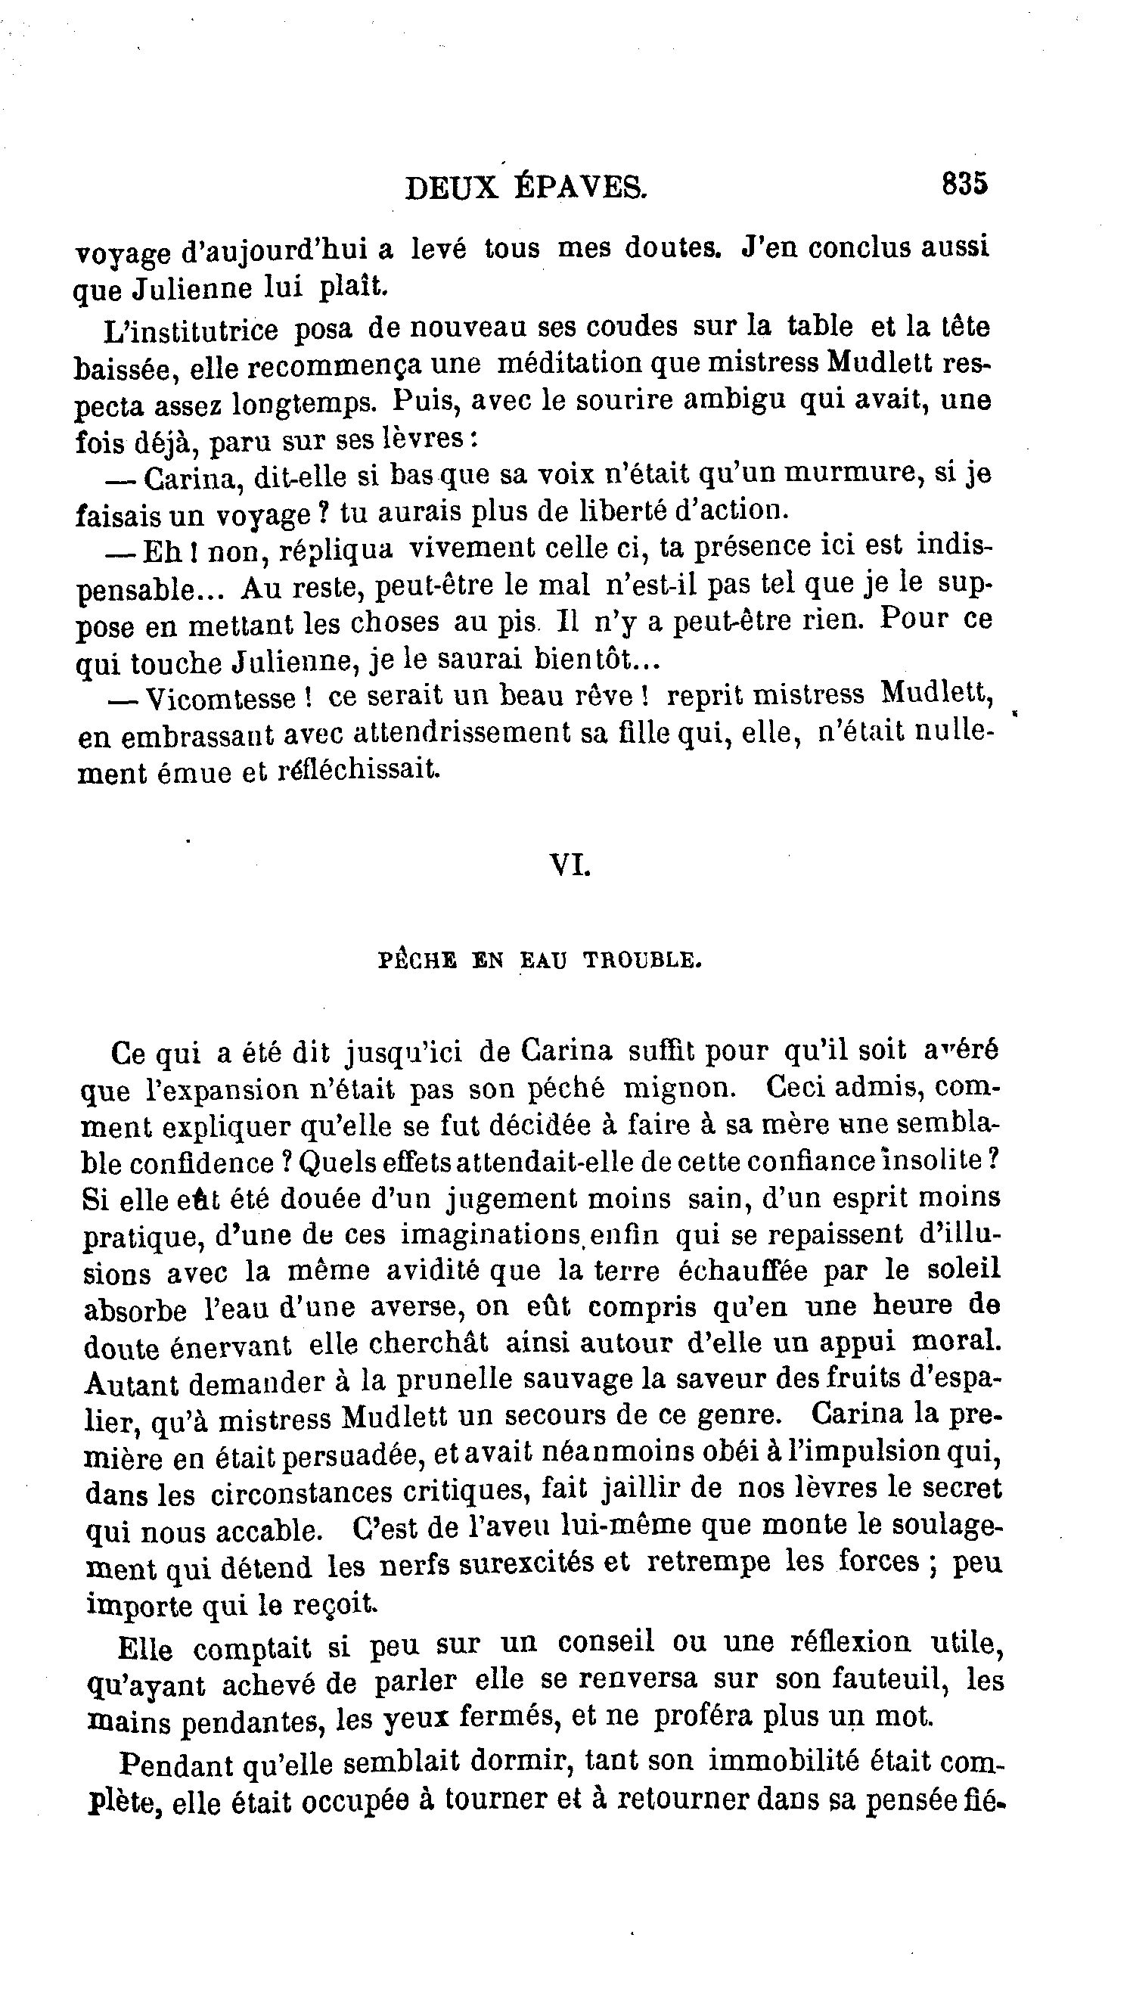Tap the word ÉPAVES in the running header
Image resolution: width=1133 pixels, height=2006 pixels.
[579, 188]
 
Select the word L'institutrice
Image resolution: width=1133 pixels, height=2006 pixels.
[190, 331]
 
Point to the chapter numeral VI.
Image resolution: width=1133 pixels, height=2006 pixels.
[570, 865]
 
